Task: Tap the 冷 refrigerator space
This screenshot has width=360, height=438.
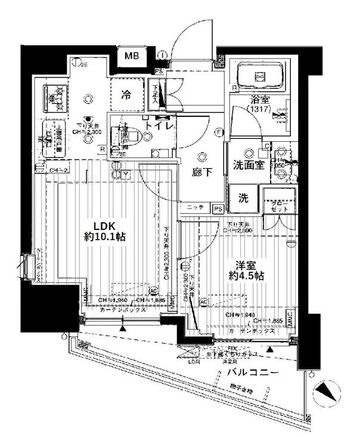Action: coord(127,94)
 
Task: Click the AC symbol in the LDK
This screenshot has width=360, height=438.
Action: coord(153,291)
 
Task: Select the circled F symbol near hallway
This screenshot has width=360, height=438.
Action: coord(219,132)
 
